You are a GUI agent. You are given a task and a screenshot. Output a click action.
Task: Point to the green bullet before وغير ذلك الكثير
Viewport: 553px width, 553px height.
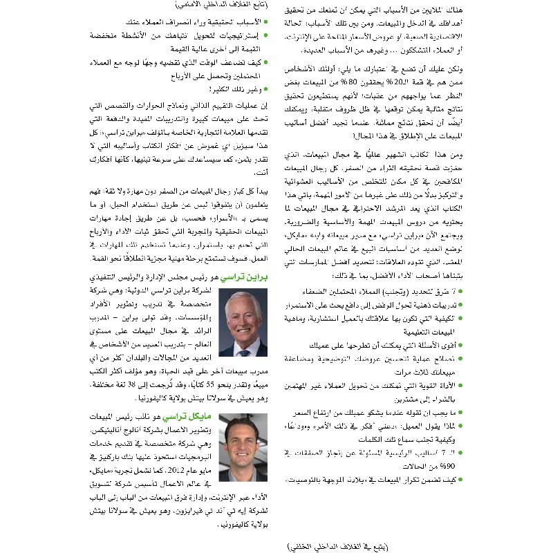[265, 88]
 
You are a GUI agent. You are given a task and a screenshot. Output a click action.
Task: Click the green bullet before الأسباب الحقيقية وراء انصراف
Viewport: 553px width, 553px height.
[265, 21]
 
